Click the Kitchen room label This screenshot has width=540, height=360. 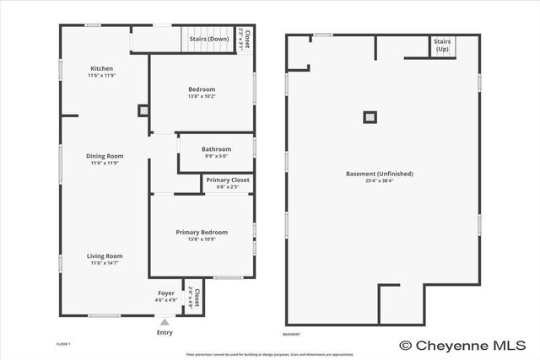(x=102, y=68)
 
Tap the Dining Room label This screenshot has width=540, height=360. (x=105, y=155)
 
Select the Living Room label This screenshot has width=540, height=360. (x=105, y=255)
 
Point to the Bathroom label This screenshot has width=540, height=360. (x=216, y=148)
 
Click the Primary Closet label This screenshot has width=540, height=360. (x=228, y=180)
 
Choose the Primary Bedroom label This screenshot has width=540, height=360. (x=202, y=232)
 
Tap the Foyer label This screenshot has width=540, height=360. (x=166, y=293)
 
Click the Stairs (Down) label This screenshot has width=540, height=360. (x=208, y=39)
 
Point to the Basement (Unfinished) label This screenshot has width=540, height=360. (x=380, y=174)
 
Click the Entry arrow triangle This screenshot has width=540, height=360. (x=165, y=322)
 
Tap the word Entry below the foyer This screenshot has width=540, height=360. (x=165, y=332)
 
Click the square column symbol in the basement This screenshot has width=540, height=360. (x=370, y=117)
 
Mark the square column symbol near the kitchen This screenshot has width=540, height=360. (x=143, y=110)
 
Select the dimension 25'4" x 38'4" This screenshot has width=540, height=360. (x=380, y=181)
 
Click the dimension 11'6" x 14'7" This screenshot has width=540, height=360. (x=105, y=263)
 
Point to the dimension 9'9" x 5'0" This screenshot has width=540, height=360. (x=216, y=156)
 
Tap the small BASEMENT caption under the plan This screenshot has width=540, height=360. (x=291, y=334)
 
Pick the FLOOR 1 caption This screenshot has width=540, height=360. (x=63, y=344)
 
